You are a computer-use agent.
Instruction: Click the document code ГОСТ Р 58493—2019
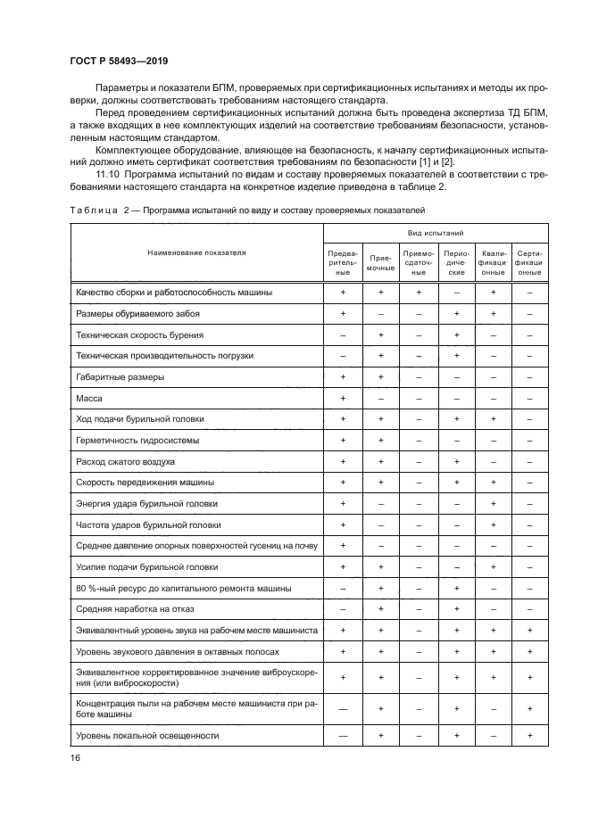pos(118,62)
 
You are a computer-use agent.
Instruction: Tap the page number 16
pos(74,757)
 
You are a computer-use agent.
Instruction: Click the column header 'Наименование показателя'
pos(196,252)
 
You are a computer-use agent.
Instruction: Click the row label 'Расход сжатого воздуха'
pos(126,462)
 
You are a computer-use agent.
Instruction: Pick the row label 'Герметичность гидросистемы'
pos(138,441)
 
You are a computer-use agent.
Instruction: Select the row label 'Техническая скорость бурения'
pos(140,334)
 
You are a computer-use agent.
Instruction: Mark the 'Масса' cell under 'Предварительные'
pos(343,398)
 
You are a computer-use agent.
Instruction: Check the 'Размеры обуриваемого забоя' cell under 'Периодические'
pos(456,313)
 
